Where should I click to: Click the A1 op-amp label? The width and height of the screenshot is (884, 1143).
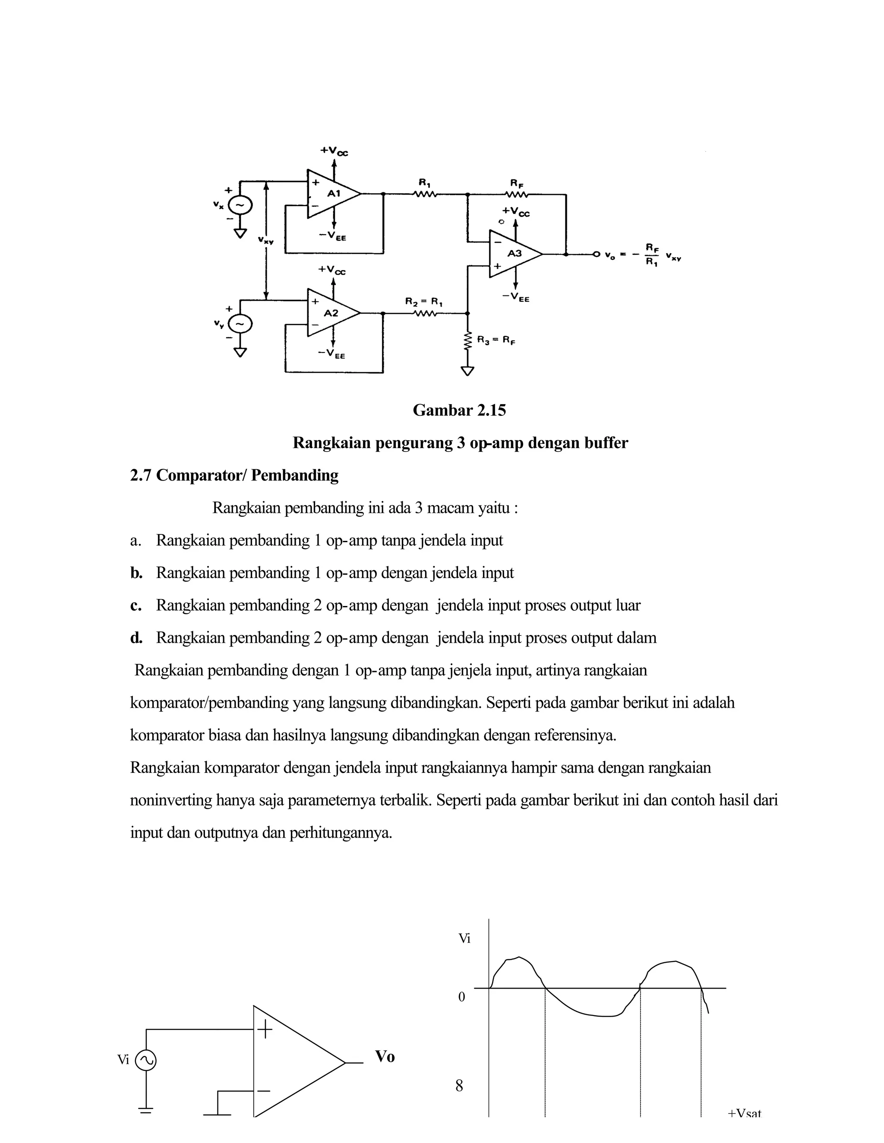pos(334,194)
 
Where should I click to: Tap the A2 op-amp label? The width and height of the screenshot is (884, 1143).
pos(331,313)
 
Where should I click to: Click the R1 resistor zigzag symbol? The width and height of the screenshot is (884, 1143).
pos(425,194)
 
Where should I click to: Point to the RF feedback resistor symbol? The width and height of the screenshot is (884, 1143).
pos(516,194)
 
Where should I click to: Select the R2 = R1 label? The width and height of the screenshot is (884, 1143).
pos(424,302)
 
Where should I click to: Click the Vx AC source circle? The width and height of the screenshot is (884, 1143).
pos(240,205)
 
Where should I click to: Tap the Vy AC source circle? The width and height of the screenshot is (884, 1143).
pos(240,324)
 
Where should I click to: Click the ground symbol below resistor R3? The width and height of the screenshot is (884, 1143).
pos(467,371)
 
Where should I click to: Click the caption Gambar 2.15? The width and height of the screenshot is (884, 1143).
pos(459,410)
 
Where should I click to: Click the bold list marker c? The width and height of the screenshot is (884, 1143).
pos(136,606)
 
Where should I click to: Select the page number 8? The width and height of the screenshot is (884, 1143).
pos(459,1086)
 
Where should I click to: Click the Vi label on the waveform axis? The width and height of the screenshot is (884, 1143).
pos(464,939)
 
